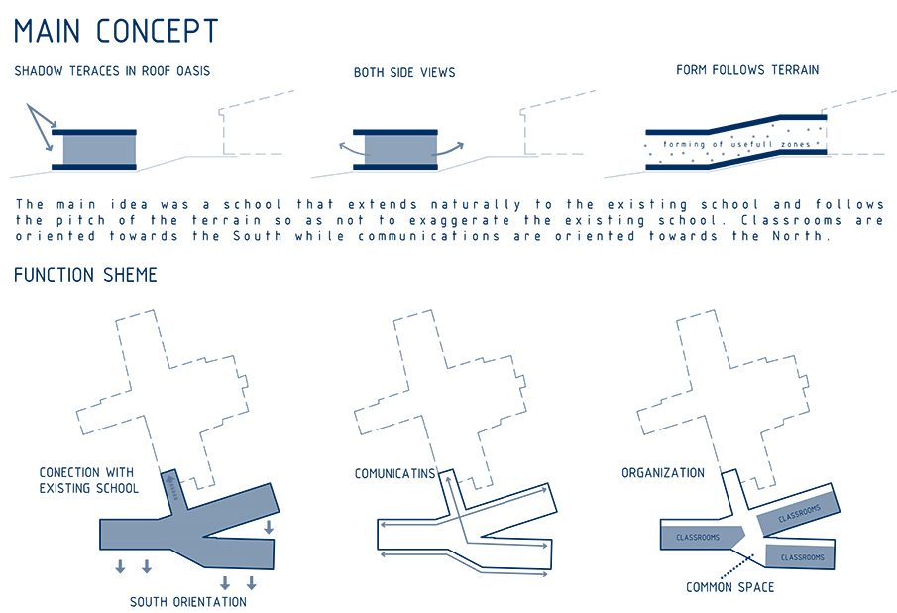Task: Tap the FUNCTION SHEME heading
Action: (85, 275)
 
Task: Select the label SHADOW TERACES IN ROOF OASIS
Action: (112, 72)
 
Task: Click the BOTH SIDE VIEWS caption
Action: (404, 73)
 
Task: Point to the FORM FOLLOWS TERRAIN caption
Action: (747, 71)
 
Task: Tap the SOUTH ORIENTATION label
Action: (188, 601)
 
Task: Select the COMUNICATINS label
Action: (394, 474)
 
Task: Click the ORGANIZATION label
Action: (663, 473)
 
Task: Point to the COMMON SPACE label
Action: (730, 587)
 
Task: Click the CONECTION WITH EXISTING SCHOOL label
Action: (88, 480)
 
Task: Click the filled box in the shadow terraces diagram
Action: (99, 150)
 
